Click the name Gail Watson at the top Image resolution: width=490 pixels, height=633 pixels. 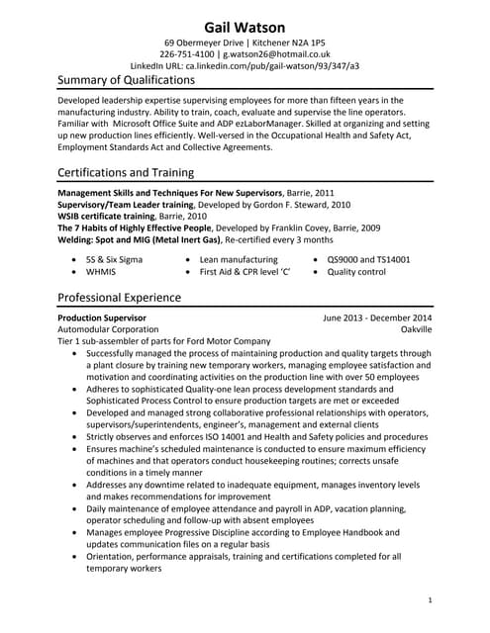(x=245, y=26)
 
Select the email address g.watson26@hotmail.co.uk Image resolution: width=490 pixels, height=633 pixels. (x=276, y=55)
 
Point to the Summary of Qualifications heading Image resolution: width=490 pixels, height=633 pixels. (x=126, y=79)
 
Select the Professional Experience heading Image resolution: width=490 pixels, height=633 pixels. (x=119, y=297)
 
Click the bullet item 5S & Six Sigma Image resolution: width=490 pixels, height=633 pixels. (x=115, y=259)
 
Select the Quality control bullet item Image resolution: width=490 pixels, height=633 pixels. (x=355, y=271)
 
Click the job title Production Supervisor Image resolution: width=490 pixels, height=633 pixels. (x=102, y=317)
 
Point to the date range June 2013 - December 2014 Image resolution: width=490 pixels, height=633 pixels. (x=377, y=317)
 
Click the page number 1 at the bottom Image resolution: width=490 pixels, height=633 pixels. (x=430, y=600)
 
